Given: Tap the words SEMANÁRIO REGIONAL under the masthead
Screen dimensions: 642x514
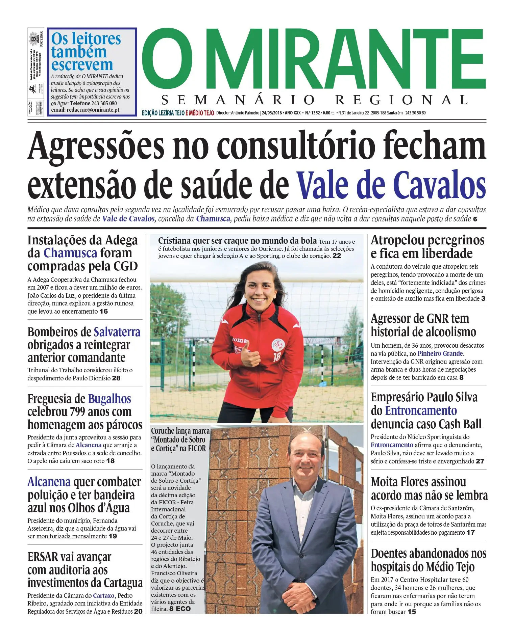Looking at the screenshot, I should (x=314, y=100).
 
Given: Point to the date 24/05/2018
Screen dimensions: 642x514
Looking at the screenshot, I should (x=272, y=113).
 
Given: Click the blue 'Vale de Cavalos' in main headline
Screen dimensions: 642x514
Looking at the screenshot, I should (x=391, y=185).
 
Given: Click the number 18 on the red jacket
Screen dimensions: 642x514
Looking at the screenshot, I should (x=277, y=356).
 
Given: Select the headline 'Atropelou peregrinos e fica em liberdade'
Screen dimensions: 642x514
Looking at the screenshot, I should (x=427, y=247).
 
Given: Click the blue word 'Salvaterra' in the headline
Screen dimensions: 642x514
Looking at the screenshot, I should (x=117, y=332).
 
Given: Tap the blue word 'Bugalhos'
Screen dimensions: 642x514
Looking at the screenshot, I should (x=109, y=399).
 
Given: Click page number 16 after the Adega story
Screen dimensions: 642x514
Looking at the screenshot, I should (x=104, y=311).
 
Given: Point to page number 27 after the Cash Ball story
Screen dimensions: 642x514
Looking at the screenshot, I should (x=480, y=461).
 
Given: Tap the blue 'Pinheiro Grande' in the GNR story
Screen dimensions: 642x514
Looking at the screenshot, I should (x=440, y=353).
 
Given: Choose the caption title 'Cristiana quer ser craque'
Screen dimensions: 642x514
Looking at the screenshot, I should (x=237, y=241).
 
